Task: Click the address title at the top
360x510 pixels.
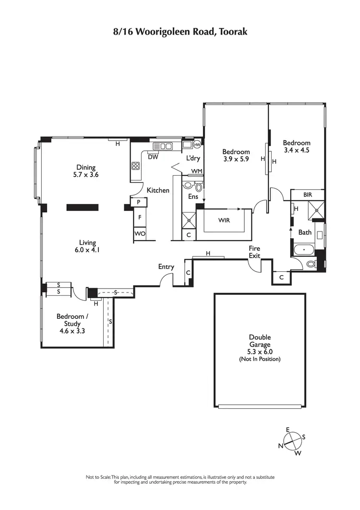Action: click(x=180, y=32)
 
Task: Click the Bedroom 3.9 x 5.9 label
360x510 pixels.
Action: click(x=236, y=155)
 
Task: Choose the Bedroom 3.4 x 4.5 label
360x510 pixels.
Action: click(x=296, y=146)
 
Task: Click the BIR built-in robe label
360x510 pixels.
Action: click(x=308, y=194)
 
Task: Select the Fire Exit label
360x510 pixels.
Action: click(x=254, y=252)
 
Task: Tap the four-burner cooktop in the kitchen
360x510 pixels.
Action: click(x=136, y=167)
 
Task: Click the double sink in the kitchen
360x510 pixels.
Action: click(x=163, y=146)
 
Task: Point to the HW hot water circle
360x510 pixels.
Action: click(x=197, y=145)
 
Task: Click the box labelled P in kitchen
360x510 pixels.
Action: click(x=139, y=203)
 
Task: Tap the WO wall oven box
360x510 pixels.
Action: click(x=140, y=233)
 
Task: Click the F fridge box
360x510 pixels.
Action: click(x=140, y=217)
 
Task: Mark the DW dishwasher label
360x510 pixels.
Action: click(x=153, y=157)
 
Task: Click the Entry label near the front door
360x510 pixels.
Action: click(x=166, y=267)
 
